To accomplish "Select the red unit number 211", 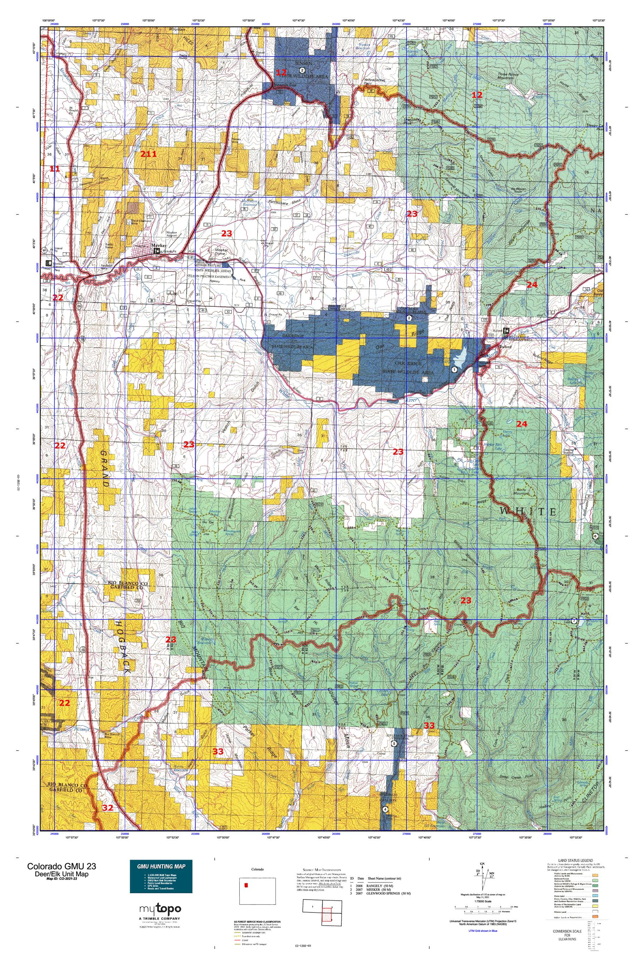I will coord(148,154).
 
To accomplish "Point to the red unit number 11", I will coord(55,169).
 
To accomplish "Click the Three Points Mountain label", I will coord(508,76).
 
